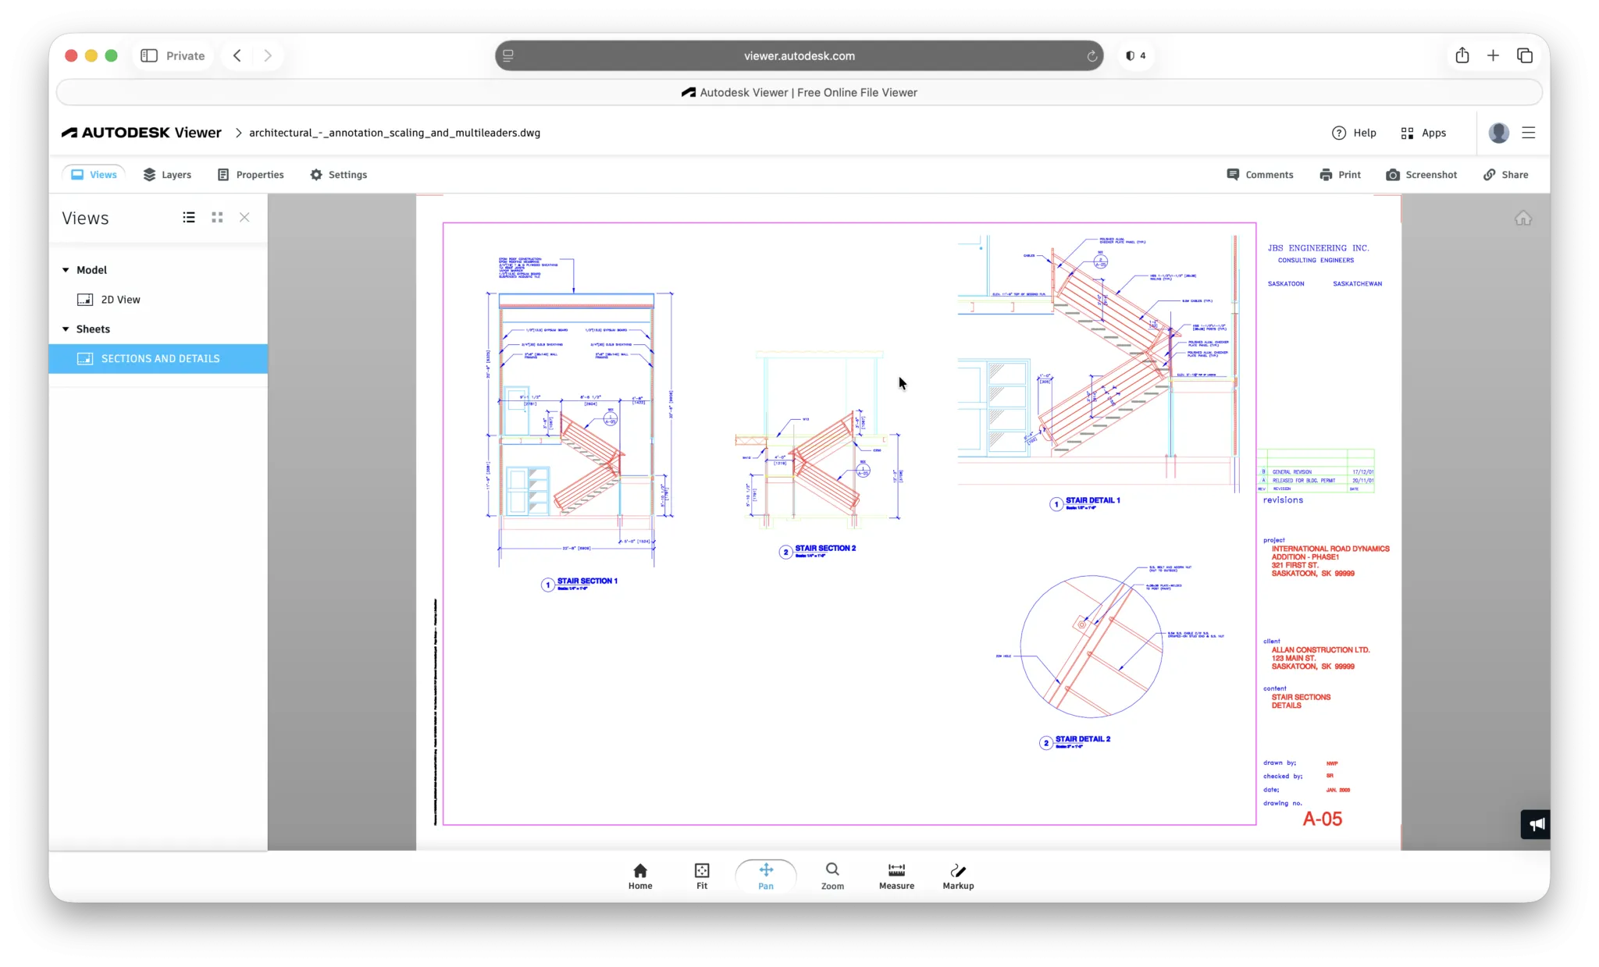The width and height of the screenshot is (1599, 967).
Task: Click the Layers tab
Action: click(x=167, y=175)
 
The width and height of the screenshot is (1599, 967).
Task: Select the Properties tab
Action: click(x=251, y=175)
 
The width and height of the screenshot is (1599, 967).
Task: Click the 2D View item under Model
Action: click(x=120, y=300)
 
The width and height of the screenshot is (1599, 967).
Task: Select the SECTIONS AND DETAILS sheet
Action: click(x=160, y=359)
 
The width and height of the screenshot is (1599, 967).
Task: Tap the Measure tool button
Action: click(x=896, y=876)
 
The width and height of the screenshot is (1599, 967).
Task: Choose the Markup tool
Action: click(x=958, y=876)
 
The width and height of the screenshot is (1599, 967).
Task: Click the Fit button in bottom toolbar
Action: click(x=702, y=876)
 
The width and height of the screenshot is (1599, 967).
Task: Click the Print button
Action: click(x=1340, y=175)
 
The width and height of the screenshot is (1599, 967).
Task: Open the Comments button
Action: click(x=1260, y=175)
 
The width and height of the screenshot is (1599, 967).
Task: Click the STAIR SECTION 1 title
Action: click(x=586, y=581)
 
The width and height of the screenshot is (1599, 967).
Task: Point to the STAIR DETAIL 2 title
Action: click(x=1082, y=739)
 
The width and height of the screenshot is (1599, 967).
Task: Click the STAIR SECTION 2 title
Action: click(x=824, y=549)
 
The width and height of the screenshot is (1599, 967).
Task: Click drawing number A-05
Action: click(x=1322, y=819)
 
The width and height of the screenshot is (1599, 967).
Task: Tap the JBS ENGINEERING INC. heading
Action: click(x=1318, y=248)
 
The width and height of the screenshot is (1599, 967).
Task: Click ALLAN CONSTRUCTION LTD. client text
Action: click(x=1320, y=650)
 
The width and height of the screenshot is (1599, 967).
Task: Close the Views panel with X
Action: click(x=244, y=218)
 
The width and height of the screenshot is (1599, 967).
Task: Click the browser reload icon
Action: click(x=1092, y=56)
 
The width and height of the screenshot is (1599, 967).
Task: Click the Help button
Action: click(x=1354, y=133)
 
